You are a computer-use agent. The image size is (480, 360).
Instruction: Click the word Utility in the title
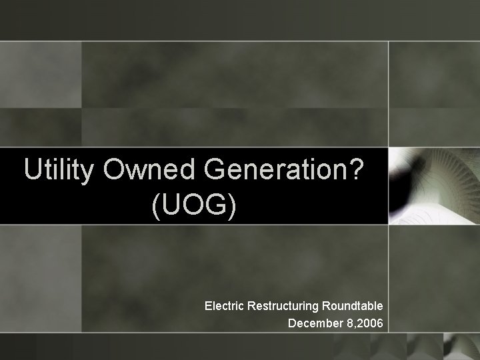tap(59, 171)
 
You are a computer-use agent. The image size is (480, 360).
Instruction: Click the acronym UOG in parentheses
tap(194, 207)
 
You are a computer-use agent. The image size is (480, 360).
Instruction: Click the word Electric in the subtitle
tap(224, 306)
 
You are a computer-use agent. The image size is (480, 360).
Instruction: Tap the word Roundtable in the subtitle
tap(352, 306)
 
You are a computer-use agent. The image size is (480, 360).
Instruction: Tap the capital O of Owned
tap(115, 171)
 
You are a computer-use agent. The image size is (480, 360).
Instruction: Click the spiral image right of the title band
tap(433, 185)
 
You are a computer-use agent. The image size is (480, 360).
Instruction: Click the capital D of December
tap(292, 324)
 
